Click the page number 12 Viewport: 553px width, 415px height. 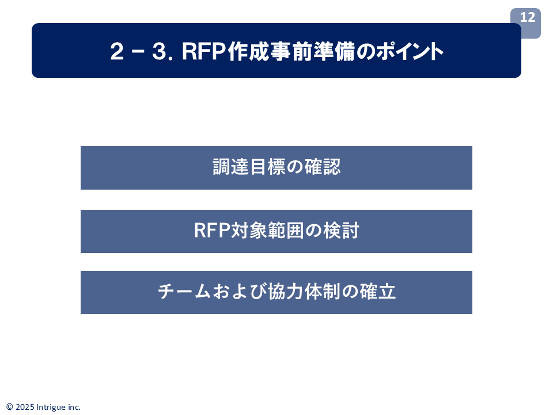click(527, 18)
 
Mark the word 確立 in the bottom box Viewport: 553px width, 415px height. click(378, 292)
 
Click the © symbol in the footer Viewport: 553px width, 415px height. click(9, 407)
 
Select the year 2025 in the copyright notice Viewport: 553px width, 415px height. click(24, 407)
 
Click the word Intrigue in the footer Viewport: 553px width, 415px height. click(51, 407)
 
